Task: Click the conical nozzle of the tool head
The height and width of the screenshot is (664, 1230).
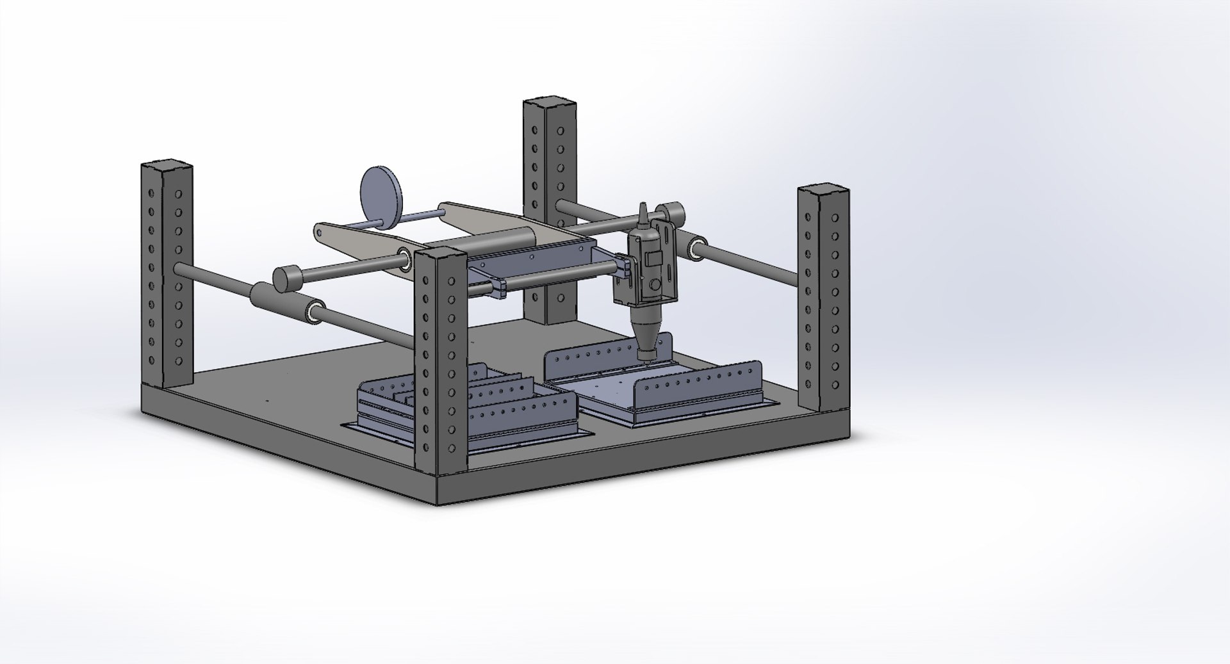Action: point(649,336)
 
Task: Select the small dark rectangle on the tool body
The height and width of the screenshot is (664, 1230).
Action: point(653,259)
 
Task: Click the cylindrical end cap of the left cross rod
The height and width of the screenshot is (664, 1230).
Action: point(288,278)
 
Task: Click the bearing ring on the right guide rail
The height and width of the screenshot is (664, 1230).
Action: point(695,249)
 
